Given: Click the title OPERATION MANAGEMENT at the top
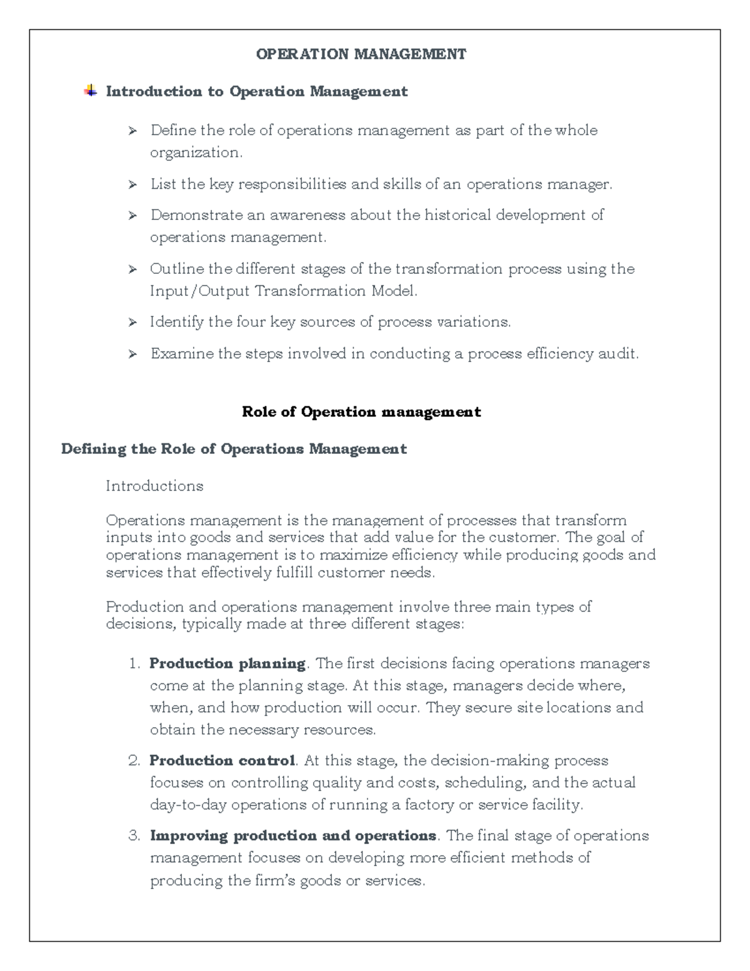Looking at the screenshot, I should coord(361,54).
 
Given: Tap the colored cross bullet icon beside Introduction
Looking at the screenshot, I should coord(91,91).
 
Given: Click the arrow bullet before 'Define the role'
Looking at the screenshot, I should coord(132,131).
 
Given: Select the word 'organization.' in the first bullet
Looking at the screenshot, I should coord(196,153).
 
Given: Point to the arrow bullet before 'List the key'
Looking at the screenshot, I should coord(132,185).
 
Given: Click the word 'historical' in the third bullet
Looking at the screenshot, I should coord(457,215).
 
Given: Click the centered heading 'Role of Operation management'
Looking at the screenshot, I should coord(361,412).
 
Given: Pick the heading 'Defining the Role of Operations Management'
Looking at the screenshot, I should coord(234,449).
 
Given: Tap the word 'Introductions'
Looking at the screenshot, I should coord(154,486).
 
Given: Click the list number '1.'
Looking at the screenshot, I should coord(134,664).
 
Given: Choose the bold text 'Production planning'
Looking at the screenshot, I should coord(227,663).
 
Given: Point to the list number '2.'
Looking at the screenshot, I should coord(134,761).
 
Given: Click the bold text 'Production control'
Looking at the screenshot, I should coord(222,761).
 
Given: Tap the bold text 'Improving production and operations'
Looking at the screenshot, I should coord(292,836).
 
